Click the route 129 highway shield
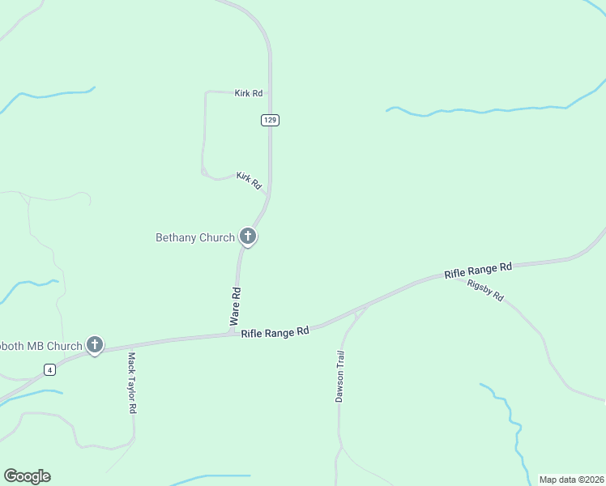(271, 120)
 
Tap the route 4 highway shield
(50, 370)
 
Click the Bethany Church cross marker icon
(248, 237)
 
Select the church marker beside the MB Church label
(95, 346)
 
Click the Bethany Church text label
(194, 237)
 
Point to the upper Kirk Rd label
(249, 94)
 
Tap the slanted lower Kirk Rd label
(249, 181)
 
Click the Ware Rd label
(237, 304)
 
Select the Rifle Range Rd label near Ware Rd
(275, 332)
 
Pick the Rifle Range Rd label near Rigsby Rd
(478, 271)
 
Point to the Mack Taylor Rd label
(131, 382)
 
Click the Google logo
(27, 476)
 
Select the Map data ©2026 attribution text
(571, 480)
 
